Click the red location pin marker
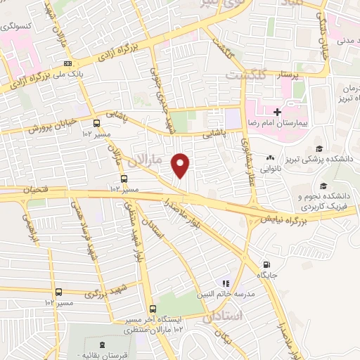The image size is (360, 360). click(181, 165)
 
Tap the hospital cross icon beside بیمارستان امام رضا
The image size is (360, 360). click(277, 112)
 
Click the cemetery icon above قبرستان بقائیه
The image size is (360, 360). click(104, 344)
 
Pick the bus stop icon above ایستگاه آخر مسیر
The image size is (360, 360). click(152, 309)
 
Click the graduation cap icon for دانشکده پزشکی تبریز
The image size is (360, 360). click(320, 148)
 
